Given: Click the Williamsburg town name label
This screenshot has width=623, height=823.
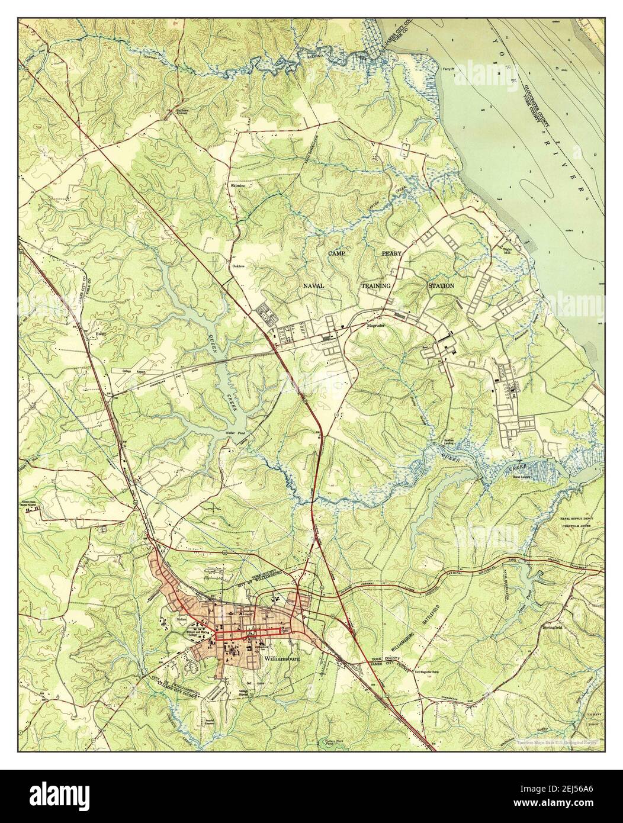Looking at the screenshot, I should [x=280, y=658].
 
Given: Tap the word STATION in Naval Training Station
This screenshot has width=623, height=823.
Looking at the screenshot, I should [x=441, y=286].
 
